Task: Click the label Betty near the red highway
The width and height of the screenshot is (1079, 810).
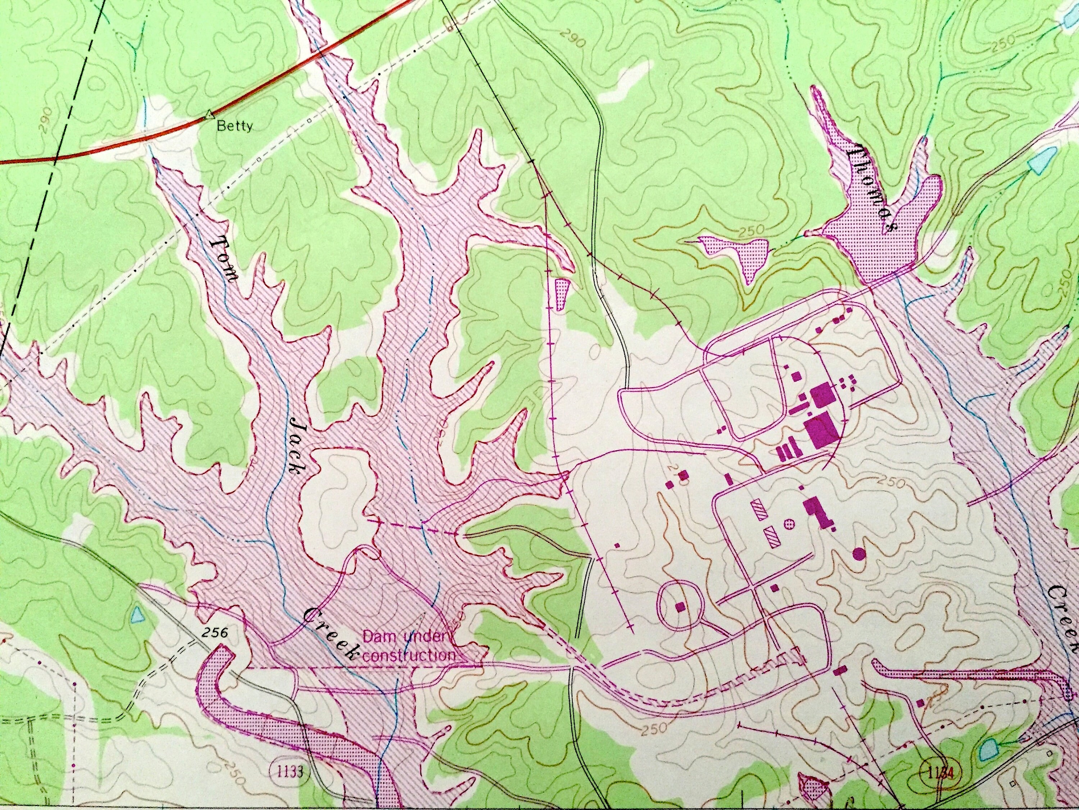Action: click(235, 126)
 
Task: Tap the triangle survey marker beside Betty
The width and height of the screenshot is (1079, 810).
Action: click(209, 115)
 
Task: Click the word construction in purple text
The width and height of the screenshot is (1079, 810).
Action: click(409, 655)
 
